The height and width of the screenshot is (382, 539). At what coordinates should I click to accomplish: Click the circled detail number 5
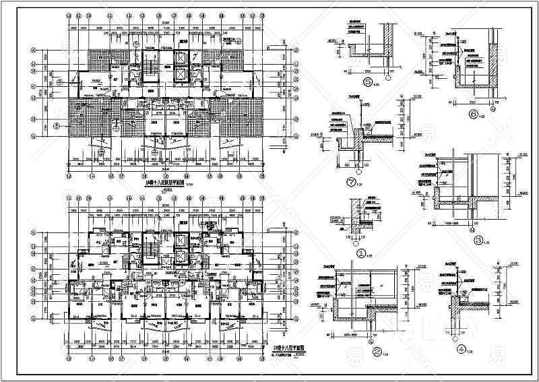click(368, 82)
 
